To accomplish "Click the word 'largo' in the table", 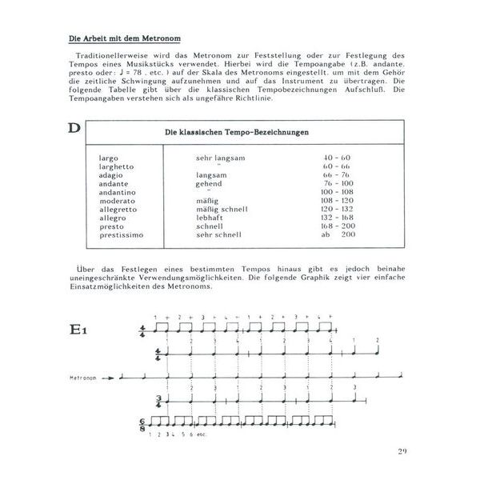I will [x=108, y=158].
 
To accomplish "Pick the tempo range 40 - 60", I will [x=335, y=158].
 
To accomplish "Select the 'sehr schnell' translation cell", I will [x=218, y=235].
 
